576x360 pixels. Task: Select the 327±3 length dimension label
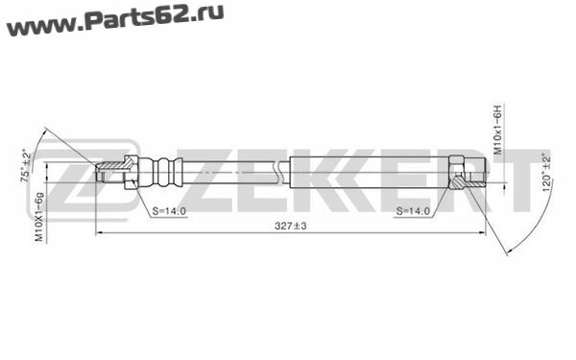pos(290,226)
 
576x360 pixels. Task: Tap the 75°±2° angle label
pos(27,165)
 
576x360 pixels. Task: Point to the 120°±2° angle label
pos(547,172)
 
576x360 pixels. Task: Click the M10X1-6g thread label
pos(39,217)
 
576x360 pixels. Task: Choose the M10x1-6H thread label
pos(497,130)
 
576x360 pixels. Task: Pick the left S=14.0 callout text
pos(169,211)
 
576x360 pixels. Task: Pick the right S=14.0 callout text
pos(413,211)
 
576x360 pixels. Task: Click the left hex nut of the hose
pos(131,172)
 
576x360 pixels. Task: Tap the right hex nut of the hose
pos(456,172)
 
